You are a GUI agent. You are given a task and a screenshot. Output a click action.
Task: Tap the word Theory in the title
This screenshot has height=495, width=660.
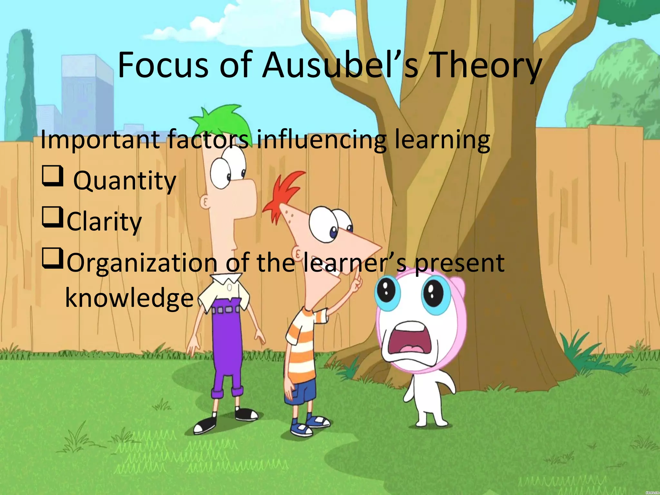[x=486, y=66]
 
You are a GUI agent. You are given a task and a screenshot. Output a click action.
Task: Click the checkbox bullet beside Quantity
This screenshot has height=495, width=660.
[x=52, y=176]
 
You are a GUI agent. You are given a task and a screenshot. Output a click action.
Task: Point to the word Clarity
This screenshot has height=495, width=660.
[x=104, y=222]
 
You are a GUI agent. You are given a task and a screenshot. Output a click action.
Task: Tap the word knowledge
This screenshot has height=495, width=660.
[x=129, y=298]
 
